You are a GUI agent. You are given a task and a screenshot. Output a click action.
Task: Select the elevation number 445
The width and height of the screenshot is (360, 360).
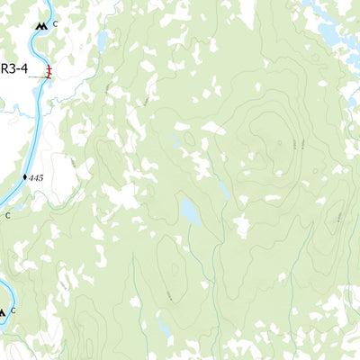[x=36, y=178]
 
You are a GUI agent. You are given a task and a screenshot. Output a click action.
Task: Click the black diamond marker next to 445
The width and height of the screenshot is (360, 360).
[x=25, y=177]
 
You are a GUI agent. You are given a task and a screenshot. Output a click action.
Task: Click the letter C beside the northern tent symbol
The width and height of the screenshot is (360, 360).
[x=55, y=24]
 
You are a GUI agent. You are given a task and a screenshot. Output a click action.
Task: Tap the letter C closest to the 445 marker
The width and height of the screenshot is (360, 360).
[x=9, y=215]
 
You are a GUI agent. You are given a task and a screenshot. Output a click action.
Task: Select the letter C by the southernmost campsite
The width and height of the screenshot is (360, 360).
[x=13, y=310]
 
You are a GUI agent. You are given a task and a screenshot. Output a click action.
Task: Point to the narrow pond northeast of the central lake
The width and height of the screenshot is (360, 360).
[x=222, y=188]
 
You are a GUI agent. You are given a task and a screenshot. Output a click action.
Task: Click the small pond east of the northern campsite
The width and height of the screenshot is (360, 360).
[x=103, y=40]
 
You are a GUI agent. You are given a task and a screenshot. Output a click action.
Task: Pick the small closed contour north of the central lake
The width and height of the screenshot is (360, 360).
[x=189, y=139]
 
